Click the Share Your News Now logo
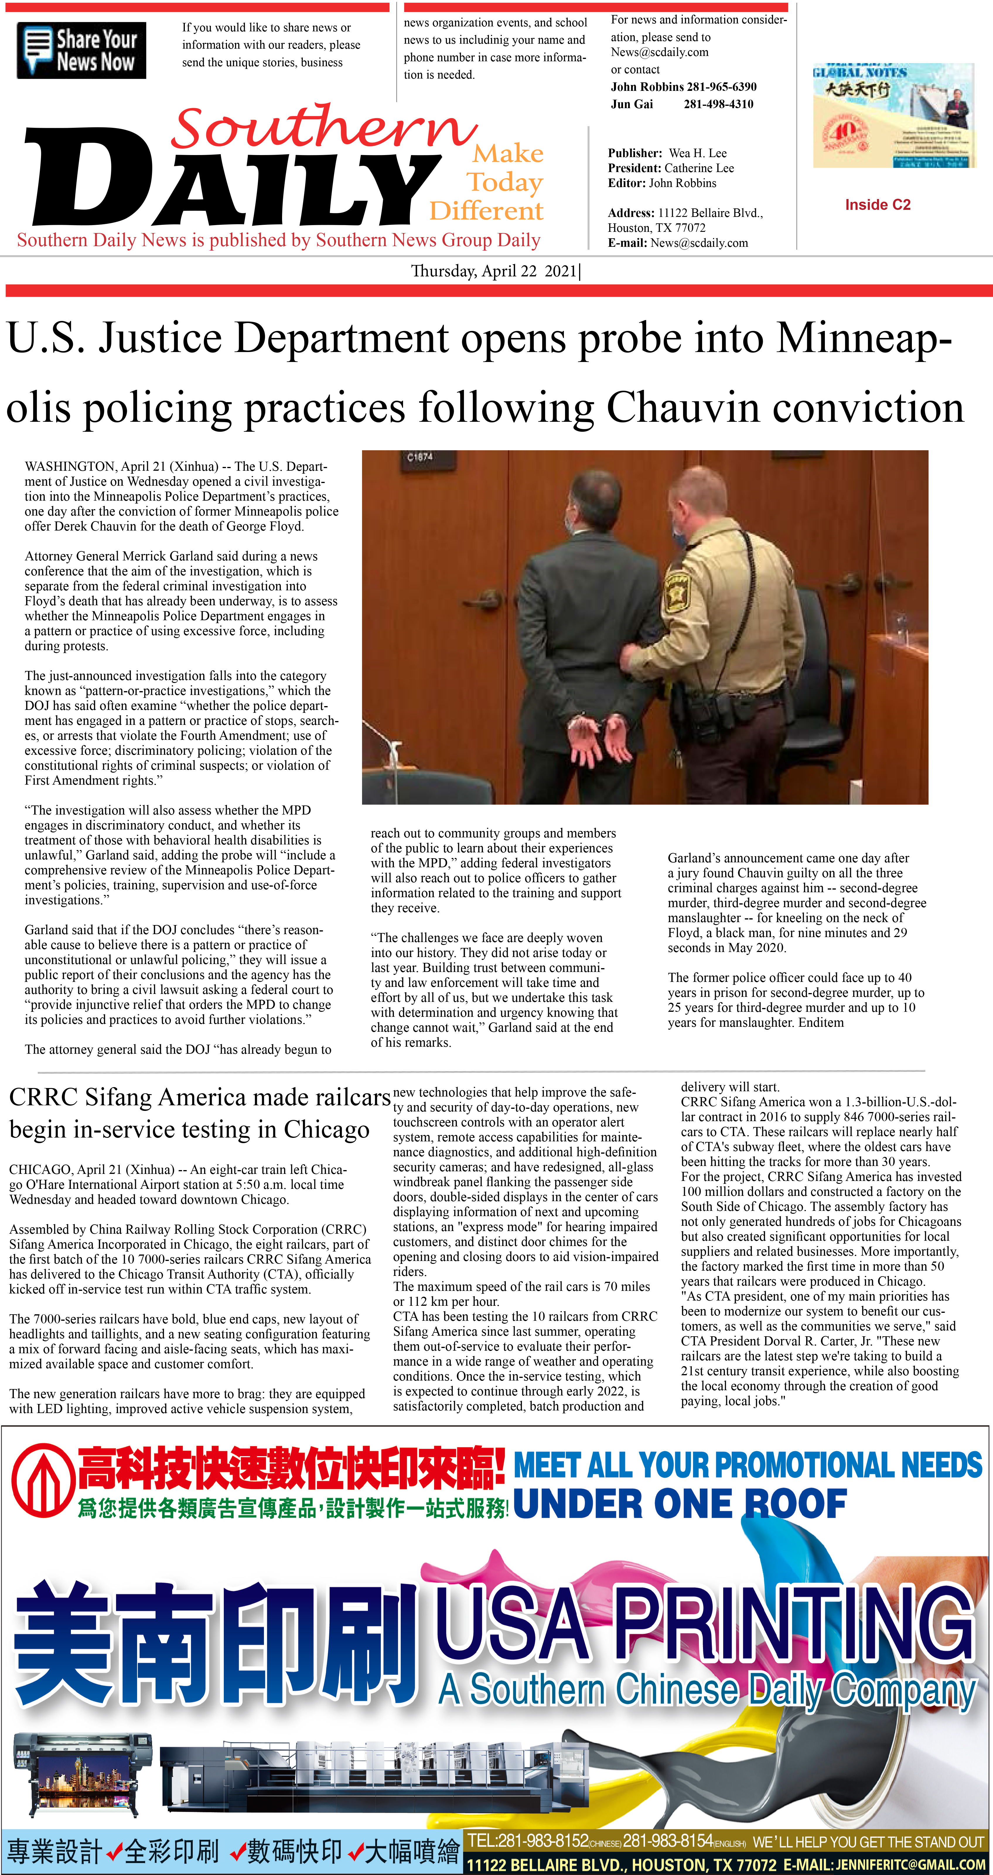point(81,50)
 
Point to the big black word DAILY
point(233,182)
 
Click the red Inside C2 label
point(877,205)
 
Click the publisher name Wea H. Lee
point(698,153)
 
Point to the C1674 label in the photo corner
point(420,457)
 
